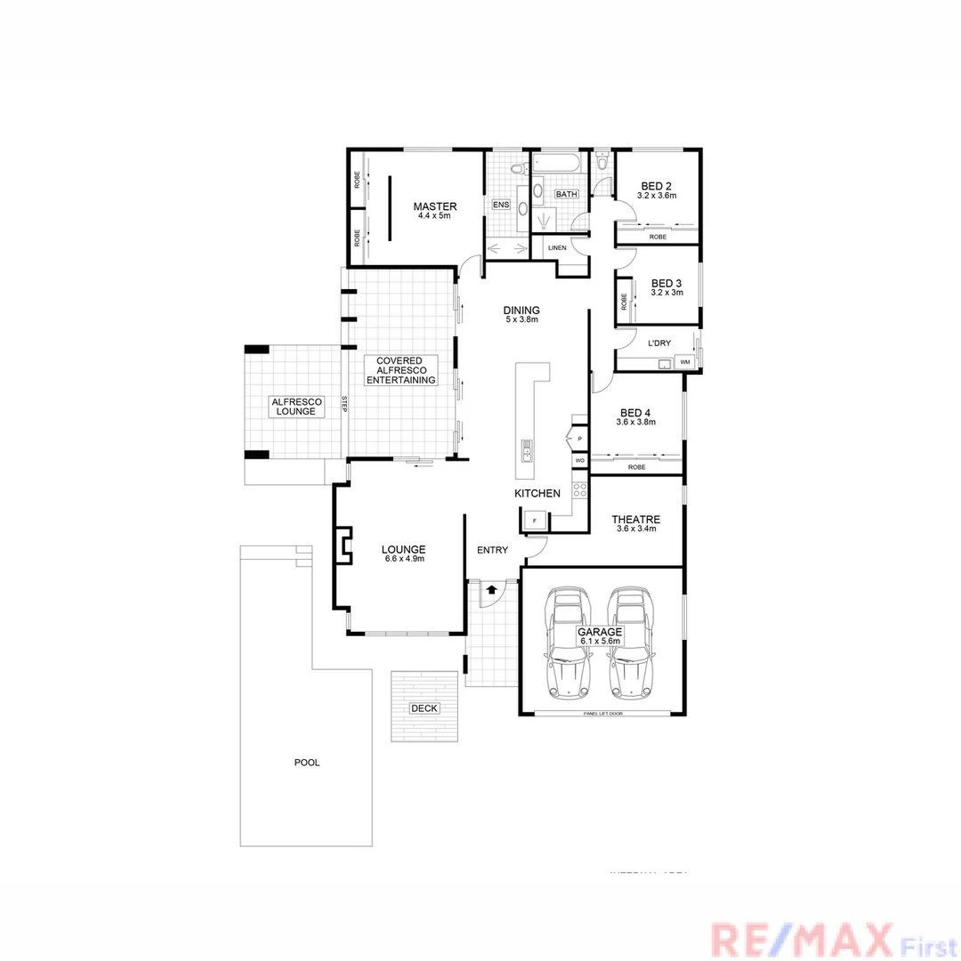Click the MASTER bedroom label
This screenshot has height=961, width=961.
[434, 206]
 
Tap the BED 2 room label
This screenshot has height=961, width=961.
[657, 186]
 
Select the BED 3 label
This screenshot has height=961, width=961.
[666, 284]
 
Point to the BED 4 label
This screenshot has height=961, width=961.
[635, 413]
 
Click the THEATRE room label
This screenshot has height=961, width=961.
[635, 520]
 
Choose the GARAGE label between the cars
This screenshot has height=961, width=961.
[601, 632]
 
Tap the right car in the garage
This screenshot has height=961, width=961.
[631, 640]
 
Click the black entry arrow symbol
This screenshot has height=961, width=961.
[491, 589]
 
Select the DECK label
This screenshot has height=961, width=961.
[424, 708]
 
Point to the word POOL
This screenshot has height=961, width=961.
[306, 763]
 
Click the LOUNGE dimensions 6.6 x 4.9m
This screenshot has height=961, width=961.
[403, 560]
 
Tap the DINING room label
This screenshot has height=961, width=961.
[521, 310]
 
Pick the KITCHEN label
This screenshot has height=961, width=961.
[537, 493]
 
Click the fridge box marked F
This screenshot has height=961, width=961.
[534, 519]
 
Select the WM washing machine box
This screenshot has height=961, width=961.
[684, 362]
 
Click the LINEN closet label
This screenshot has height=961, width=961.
[557, 247]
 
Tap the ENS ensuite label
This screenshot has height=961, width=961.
[501, 205]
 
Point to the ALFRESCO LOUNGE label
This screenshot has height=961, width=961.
[297, 406]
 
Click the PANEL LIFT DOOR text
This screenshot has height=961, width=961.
[602, 714]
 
